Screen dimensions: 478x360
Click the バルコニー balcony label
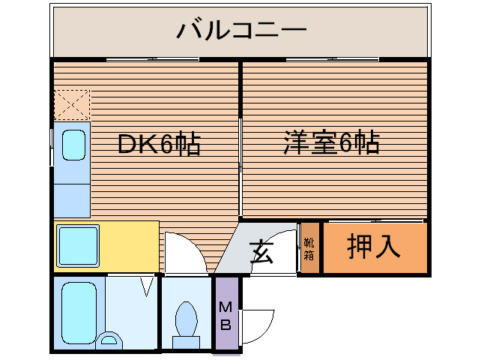(x=241, y=32)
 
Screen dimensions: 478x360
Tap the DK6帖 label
(x=160, y=144)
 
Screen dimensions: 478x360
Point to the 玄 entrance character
(x=261, y=251)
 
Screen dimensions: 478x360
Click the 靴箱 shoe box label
(x=309, y=248)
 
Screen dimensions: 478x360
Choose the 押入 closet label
(x=374, y=247)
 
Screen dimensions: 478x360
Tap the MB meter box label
(x=225, y=315)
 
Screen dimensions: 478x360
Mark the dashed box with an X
(x=72, y=105)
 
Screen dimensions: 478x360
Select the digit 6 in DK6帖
(x=166, y=144)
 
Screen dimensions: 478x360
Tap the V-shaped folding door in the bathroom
(x=148, y=285)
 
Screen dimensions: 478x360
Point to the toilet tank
(x=186, y=342)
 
